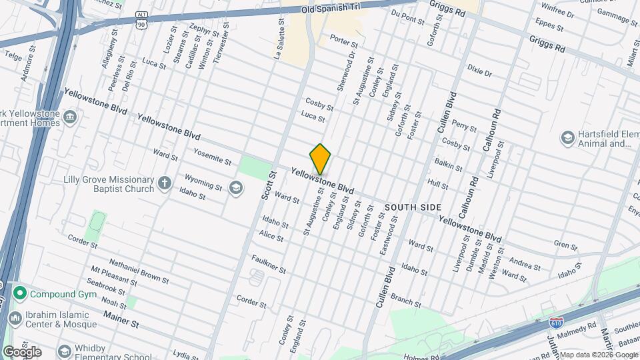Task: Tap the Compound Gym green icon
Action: (20, 293)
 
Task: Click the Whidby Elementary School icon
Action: (64, 351)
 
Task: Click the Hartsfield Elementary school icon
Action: (567, 138)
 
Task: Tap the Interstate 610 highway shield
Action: (556, 323)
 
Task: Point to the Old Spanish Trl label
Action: (331, 9)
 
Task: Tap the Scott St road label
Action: (272, 185)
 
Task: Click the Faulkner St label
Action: (268, 265)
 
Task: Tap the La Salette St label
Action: (278, 40)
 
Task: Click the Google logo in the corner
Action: (22, 351)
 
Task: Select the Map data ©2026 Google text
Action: (599, 355)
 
